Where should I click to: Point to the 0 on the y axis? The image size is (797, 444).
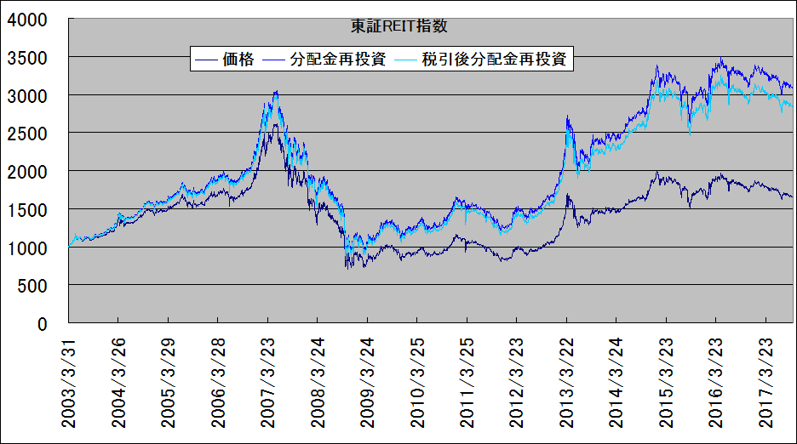click(41, 324)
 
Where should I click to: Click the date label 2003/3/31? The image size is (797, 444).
click(69, 383)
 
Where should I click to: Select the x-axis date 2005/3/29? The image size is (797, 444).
click(169, 383)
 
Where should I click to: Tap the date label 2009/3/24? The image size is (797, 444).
click(367, 383)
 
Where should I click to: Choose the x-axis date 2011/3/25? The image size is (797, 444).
click(467, 383)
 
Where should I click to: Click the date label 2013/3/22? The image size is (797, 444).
click(566, 383)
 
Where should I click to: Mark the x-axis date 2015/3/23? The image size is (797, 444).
click(666, 383)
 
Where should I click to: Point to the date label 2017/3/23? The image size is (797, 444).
click(765, 383)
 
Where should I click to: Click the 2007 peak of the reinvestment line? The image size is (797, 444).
click(275, 91)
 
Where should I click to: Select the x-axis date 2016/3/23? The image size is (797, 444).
click(716, 383)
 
